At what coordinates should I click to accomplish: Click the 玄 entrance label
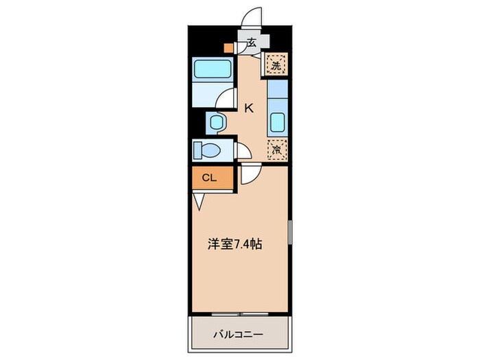pos(251,43)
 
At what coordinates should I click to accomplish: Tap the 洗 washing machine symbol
pos(276,66)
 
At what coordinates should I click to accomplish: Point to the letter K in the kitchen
pos(249,107)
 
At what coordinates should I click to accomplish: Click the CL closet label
pos(210,178)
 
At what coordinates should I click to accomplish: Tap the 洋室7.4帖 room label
pos(235,243)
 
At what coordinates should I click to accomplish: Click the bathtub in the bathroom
pos(211,69)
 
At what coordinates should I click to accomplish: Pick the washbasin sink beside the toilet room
pos(217,123)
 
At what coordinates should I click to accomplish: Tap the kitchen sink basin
pos(277,123)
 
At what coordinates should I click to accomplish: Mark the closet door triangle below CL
pos(199,201)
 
